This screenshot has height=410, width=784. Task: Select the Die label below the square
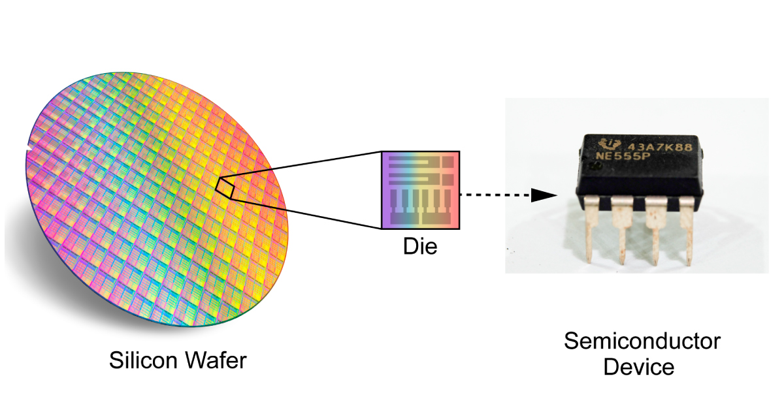point(420,247)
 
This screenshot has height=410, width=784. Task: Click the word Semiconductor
point(642,341)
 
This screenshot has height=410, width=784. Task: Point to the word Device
point(639,367)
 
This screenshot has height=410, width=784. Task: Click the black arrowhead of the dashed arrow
point(544,195)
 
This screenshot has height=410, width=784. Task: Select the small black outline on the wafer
point(225,188)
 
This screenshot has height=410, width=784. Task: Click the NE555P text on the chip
point(622,156)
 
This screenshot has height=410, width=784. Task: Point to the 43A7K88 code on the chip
point(659,147)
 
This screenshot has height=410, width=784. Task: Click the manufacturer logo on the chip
point(610,144)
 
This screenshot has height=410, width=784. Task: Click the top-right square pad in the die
point(448,162)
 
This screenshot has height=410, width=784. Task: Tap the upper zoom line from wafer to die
point(301,165)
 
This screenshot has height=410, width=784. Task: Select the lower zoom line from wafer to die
point(305,213)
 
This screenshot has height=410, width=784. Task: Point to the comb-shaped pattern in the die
point(420,206)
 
